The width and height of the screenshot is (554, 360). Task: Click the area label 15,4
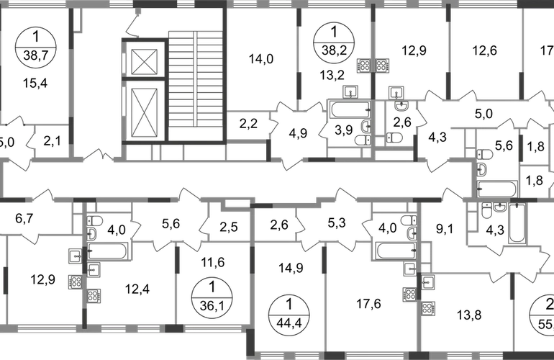click(35, 84)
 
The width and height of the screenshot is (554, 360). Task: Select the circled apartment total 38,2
click(335, 42)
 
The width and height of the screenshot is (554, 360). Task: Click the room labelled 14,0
click(260, 59)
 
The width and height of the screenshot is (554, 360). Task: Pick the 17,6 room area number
click(368, 304)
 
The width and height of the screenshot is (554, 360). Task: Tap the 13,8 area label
click(469, 315)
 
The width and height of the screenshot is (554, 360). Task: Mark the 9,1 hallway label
click(445, 230)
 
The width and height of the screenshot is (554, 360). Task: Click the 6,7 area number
click(24, 219)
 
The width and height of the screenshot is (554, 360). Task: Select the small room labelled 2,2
click(248, 124)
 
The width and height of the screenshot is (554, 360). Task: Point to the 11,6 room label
click(213, 262)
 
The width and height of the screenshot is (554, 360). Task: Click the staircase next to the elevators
click(196, 85)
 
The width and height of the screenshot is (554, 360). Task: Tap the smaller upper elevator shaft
click(144, 62)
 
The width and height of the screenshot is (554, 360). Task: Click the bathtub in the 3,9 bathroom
click(350, 110)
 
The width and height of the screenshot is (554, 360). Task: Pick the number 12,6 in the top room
click(485, 50)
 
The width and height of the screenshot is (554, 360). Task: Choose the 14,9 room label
click(291, 268)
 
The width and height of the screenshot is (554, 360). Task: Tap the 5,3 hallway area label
click(337, 223)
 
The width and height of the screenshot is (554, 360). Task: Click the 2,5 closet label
click(228, 227)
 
